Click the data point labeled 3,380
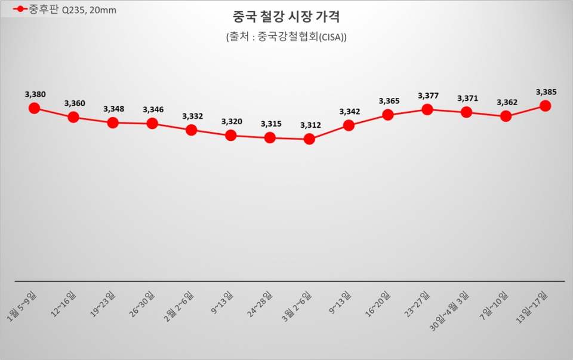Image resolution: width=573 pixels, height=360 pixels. (34, 108)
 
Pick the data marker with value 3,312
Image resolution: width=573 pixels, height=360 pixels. (309, 139)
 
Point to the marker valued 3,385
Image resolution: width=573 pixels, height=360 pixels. (545, 106)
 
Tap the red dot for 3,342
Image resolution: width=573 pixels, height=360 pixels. (349, 125)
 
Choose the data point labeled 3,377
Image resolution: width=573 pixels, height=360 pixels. (427, 109)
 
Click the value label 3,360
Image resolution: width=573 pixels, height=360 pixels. (75, 103)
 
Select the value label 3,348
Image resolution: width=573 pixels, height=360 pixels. (113, 109)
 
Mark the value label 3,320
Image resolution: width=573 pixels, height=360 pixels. (232, 122)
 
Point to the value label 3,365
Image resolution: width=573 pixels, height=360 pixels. (389, 101)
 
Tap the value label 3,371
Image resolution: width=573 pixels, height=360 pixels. (467, 99)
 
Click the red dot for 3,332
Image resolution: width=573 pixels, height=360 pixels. (192, 130)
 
